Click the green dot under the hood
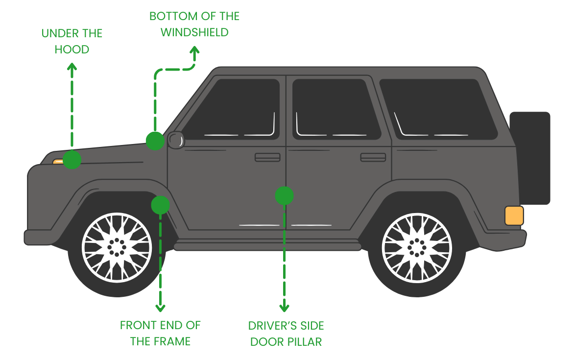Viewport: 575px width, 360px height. coord(72,160)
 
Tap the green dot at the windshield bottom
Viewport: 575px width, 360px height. coord(155,141)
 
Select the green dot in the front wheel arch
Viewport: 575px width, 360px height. coord(160,205)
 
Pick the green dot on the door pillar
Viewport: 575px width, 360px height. coord(284,196)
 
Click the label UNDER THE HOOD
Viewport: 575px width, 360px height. coord(72,42)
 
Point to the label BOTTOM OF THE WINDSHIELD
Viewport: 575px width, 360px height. coord(194,24)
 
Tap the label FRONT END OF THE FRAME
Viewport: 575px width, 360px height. coord(160,333)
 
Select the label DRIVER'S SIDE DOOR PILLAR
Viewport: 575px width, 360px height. coord(286,334)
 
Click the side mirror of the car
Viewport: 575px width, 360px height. coord(176,140)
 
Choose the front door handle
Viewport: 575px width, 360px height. coord(267,157)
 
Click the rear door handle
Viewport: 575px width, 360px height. coord(373,157)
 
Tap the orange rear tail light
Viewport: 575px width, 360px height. coord(514,216)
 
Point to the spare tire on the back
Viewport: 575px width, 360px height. coord(529,158)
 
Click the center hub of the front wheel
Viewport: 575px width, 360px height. coord(117,247)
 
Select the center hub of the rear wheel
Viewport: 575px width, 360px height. coord(417,247)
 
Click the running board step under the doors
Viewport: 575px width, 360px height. coord(267,245)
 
